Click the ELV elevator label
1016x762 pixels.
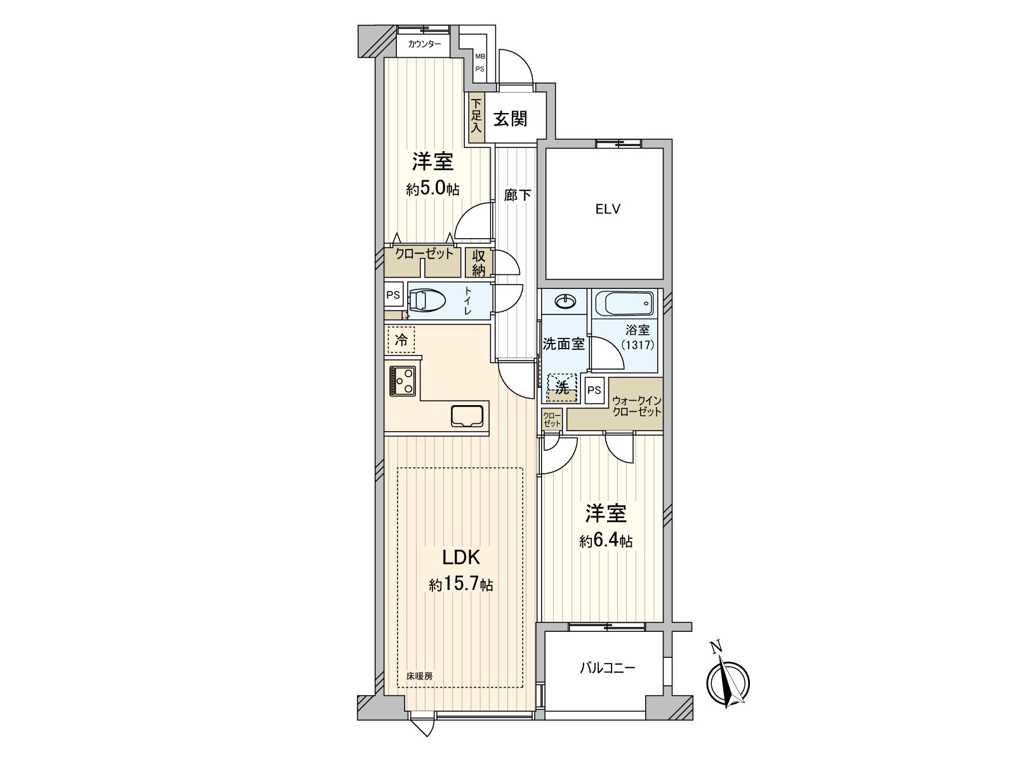[607, 210]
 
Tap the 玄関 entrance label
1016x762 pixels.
[511, 118]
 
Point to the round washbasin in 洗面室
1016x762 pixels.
[565, 302]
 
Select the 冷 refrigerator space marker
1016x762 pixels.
[401, 340]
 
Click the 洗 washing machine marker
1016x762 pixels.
[563, 388]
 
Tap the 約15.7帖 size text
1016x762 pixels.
[460, 585]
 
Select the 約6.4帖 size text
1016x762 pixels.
[605, 540]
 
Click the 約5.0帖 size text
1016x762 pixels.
[432, 189]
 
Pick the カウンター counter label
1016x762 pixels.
[424, 44]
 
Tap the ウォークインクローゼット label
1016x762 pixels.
[636, 406]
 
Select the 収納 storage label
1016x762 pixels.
[479, 263]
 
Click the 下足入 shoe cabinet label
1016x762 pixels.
[476, 118]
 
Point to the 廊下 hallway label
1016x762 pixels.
[518, 195]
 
